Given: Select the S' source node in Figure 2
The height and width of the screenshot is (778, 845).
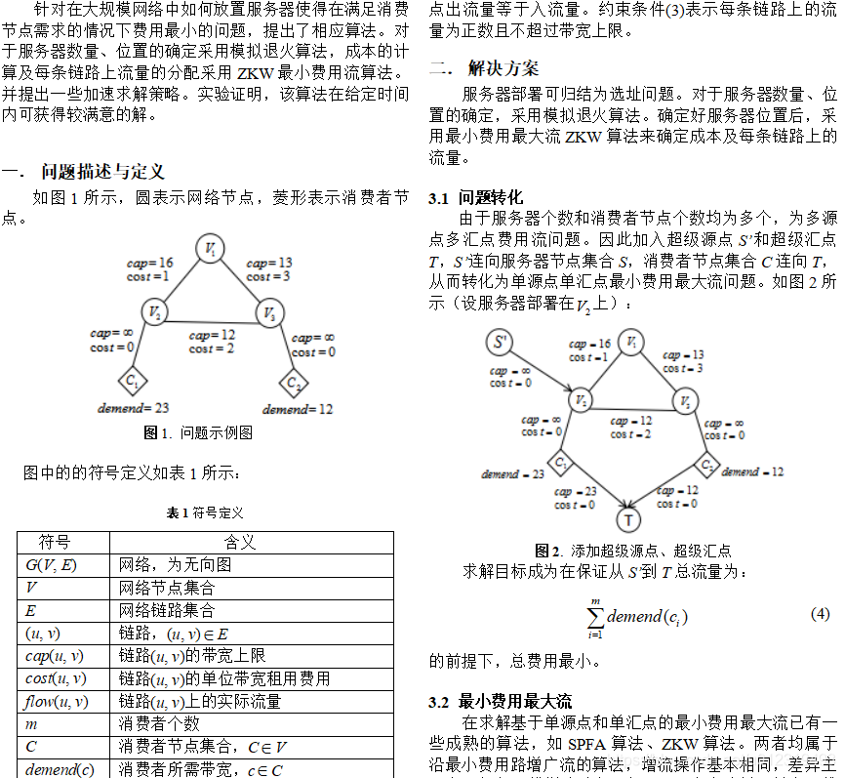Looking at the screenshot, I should [x=501, y=343].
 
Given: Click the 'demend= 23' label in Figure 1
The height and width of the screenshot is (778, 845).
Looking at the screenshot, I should [x=134, y=408].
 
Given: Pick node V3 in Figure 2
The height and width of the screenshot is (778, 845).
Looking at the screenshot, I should [x=686, y=401].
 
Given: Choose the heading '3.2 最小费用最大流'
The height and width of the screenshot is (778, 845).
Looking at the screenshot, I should [x=500, y=701].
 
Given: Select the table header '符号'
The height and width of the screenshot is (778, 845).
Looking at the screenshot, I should [x=55, y=542].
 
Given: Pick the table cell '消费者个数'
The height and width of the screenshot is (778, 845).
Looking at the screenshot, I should [x=159, y=723].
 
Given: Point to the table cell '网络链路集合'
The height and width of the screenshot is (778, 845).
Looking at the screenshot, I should [x=166, y=610].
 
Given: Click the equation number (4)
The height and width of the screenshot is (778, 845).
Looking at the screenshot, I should [x=820, y=613].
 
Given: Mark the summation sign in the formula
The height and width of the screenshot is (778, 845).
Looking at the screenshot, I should [x=594, y=617].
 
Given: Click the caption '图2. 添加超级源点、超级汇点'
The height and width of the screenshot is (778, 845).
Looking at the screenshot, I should [x=632, y=551].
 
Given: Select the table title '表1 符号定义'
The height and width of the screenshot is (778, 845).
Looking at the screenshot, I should [x=205, y=512].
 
